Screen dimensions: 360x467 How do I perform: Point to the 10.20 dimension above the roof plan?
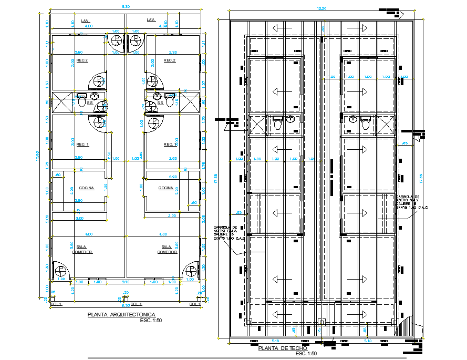pyautogui.click(x=320, y=8)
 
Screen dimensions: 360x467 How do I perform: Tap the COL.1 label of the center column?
pyautogui.click(x=137, y=304)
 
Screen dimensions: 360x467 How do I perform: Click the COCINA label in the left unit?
pyautogui.click(x=86, y=188)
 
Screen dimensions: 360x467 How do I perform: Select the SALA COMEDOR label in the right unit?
pyautogui.click(x=167, y=249)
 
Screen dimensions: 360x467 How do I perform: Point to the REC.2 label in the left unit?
pyautogui.click(x=82, y=60)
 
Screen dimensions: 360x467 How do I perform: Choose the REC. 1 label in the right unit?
pyautogui.click(x=170, y=145)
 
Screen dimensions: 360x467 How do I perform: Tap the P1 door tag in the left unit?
pyautogui.click(x=61, y=271)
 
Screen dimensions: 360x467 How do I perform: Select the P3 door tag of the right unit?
pyautogui.click(x=153, y=123)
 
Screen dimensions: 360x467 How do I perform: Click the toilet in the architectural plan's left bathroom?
pyautogui.click(x=81, y=103)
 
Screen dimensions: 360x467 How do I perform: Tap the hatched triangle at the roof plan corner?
pyautogui.click(x=408, y=325)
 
